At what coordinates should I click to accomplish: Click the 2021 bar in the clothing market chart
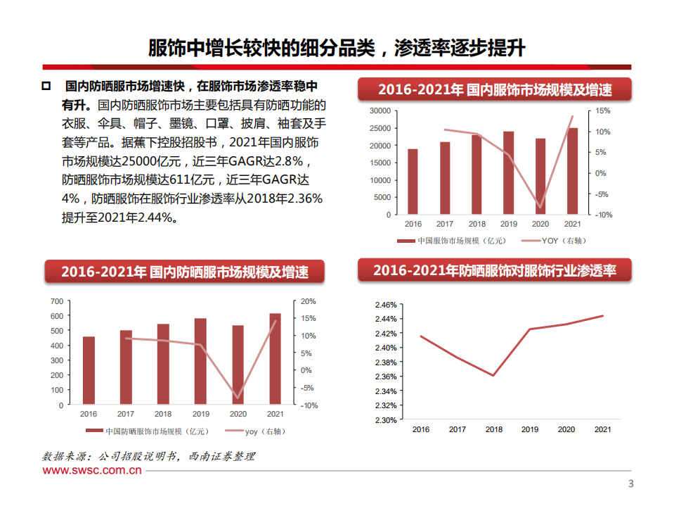(573, 171)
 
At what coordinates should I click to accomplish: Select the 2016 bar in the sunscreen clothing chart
(89, 370)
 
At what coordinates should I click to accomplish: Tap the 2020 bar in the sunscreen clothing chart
(238, 365)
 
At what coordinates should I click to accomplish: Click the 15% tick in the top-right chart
(603, 111)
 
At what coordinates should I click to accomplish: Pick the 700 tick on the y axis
(57, 301)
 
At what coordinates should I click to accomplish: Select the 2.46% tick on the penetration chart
(387, 305)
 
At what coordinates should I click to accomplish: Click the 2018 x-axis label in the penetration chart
(493, 429)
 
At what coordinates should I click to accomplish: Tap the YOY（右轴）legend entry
(558, 241)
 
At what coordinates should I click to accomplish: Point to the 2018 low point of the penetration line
(493, 376)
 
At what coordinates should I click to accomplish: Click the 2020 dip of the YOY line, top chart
(540, 209)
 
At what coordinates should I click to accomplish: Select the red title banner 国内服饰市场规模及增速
(495, 90)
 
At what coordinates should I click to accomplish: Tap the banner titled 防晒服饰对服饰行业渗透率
(495, 271)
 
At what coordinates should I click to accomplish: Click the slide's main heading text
(337, 48)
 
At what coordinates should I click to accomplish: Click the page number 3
(630, 483)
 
